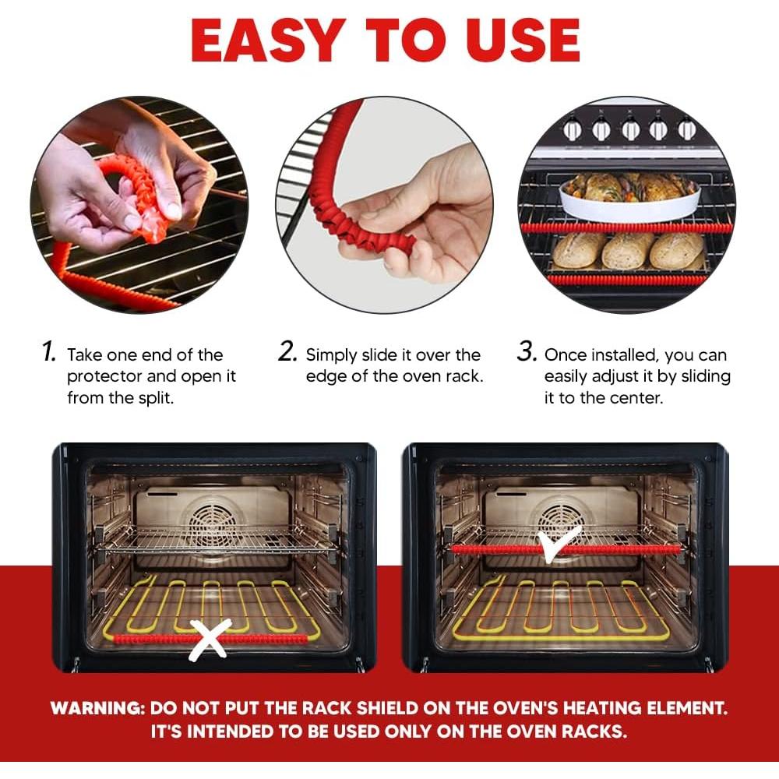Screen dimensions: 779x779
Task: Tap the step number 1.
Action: (49, 352)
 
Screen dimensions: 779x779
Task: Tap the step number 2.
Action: (287, 352)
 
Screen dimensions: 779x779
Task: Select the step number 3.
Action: (527, 352)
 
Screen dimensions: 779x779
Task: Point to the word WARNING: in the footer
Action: (97, 708)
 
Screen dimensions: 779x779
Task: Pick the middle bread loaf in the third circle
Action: (627, 250)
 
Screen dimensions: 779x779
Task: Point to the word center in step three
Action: (637, 398)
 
